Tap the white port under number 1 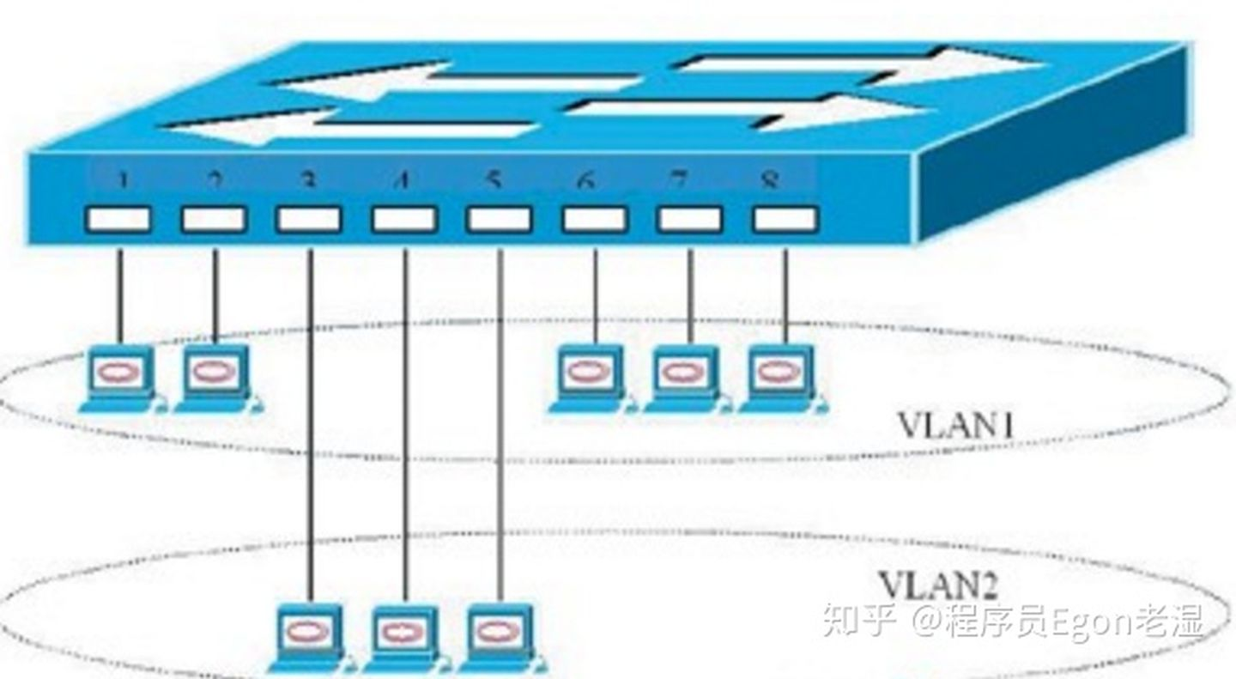point(118,220)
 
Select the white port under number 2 point(214,220)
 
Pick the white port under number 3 point(309,220)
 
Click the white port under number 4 point(404,220)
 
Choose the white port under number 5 point(499,220)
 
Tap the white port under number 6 point(595,220)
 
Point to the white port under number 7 point(689,220)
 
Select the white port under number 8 point(785,220)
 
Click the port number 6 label point(586,181)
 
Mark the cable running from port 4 point(405,429)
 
